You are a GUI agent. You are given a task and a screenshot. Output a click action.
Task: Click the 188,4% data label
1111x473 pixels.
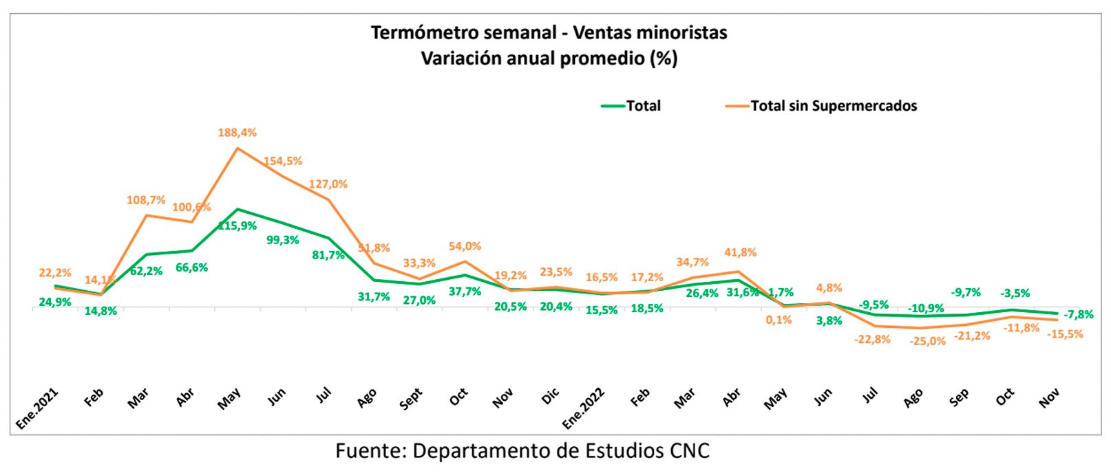click(237, 133)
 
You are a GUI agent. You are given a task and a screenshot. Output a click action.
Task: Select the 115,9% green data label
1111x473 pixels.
click(237, 226)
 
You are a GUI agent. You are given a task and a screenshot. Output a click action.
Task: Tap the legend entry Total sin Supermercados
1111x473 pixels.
click(833, 106)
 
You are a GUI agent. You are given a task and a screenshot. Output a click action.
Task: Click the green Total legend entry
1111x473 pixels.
click(643, 106)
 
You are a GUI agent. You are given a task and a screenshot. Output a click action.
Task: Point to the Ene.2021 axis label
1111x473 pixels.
click(39, 408)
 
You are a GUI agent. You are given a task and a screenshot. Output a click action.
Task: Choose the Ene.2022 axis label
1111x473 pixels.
click(584, 408)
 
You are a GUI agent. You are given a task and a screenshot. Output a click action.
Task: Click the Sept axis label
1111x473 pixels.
click(411, 399)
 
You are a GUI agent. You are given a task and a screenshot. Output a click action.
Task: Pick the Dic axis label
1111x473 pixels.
click(551, 397)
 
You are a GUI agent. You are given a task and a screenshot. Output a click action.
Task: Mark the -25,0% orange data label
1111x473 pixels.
click(927, 341)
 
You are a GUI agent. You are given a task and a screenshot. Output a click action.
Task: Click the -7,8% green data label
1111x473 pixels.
click(1078, 315)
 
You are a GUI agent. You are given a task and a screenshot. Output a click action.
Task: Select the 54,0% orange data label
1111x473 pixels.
click(465, 246)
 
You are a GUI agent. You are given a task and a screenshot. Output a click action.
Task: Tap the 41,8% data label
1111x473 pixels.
click(740, 252)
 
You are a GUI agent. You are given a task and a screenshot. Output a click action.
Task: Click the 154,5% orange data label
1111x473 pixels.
click(283, 161)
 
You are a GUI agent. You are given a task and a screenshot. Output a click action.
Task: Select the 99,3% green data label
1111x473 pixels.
click(283, 240)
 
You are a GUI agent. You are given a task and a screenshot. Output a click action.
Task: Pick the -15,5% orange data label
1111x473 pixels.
click(1064, 334)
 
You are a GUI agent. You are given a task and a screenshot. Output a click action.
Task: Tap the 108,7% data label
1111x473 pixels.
click(146, 200)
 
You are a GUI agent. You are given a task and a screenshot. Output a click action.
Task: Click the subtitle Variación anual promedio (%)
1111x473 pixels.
click(549, 58)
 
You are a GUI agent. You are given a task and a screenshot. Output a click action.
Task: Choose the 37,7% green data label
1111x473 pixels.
click(465, 291)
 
